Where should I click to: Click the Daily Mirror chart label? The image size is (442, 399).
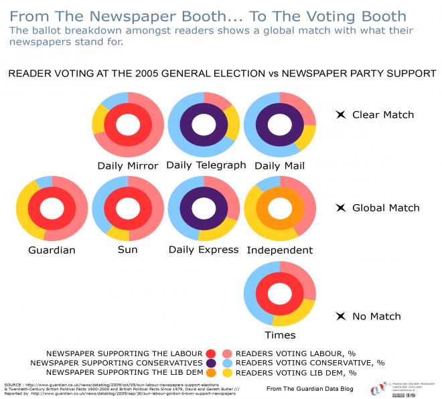coord(128,166)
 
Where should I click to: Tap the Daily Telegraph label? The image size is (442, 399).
coord(206,165)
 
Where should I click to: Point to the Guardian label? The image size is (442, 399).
coord(52,250)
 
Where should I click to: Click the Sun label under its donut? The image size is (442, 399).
coord(127,250)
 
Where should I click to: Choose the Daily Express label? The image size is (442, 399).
coord(204,250)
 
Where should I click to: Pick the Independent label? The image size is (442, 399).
coord(279,250)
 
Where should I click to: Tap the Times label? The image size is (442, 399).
coord(279,335)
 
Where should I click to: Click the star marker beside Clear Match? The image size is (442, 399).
coord(340,115)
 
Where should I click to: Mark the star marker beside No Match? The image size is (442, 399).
coord(340,317)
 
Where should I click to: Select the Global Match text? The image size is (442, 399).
coord(386,208)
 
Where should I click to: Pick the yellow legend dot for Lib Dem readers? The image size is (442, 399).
coord(227,373)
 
